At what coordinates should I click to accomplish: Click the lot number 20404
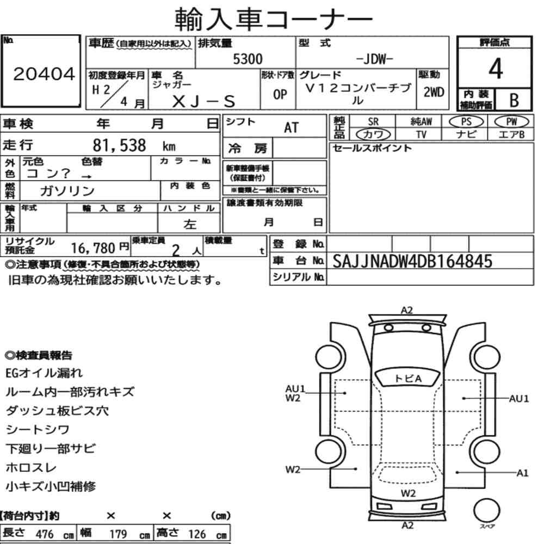[x=44, y=74]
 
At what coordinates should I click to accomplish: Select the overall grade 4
[x=496, y=69]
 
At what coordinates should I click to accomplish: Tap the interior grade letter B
[x=514, y=100]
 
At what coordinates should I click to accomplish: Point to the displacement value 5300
[x=248, y=59]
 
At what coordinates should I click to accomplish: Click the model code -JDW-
[x=375, y=59]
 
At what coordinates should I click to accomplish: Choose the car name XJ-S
[x=203, y=101]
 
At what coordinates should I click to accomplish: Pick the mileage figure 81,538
[x=119, y=145]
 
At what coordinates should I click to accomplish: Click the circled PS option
[x=466, y=122]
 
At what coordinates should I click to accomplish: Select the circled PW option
[x=511, y=121]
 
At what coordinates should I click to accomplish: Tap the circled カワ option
[x=373, y=134]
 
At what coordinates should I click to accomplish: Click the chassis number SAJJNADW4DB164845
[x=412, y=261]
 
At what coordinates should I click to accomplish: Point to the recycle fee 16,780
[x=93, y=248]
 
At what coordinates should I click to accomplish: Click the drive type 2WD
[x=434, y=92]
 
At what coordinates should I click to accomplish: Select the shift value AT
[x=291, y=128]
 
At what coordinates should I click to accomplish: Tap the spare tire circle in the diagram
[x=486, y=510]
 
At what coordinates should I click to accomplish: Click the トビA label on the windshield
[x=409, y=379]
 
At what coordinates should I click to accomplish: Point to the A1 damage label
[x=522, y=473]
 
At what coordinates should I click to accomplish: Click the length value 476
[x=45, y=534]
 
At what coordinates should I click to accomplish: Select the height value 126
[x=197, y=534]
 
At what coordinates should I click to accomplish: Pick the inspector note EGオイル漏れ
[x=44, y=373]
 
